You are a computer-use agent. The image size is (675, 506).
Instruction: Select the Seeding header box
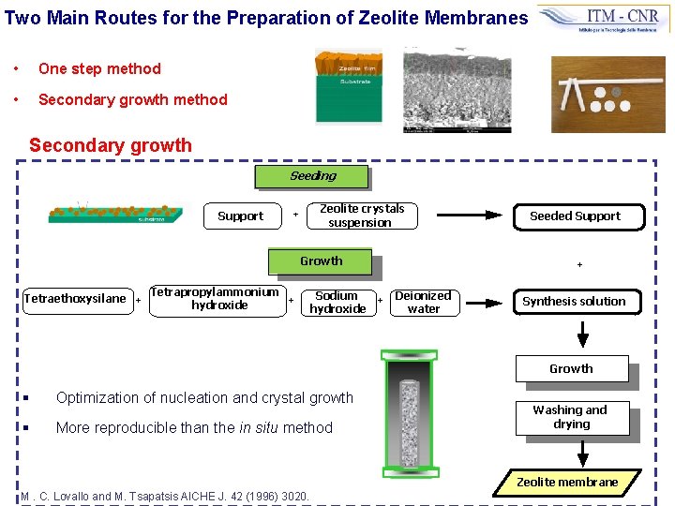pos(312,176)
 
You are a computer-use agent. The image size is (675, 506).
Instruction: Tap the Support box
pos(240,216)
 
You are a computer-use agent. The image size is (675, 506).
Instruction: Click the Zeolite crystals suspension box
pos(361,216)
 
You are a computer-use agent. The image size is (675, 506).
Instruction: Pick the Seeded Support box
pos(575,216)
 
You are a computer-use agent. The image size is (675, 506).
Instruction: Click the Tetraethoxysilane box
pos(75,299)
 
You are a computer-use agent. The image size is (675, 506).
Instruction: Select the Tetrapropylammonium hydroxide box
pos(216,299)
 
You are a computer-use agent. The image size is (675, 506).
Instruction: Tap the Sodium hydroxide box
pos(337,302)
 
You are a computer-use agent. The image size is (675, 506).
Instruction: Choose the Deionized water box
pos(423,302)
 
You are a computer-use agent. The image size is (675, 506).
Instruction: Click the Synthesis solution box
pos(574,301)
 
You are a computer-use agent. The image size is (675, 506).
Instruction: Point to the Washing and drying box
pos(570,417)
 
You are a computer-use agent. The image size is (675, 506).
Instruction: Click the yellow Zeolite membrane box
pos(568,482)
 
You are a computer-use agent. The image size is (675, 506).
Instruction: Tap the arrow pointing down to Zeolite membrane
pos(582,453)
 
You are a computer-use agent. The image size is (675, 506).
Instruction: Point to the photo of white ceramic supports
pos(607,94)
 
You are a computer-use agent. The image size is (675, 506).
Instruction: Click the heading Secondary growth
pos(110,145)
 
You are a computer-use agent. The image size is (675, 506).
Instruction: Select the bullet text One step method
pos(99,68)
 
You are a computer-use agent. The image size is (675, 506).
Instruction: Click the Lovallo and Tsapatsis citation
pos(165,495)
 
